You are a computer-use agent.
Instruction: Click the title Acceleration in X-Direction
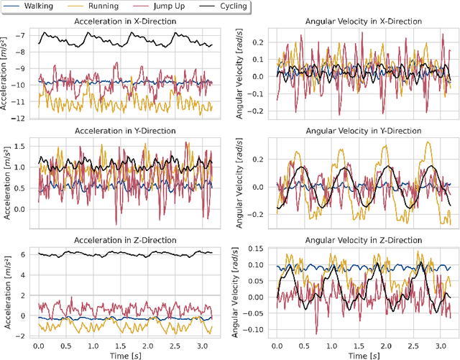(x=124, y=21)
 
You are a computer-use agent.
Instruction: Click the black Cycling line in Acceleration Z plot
(x=108, y=254)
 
